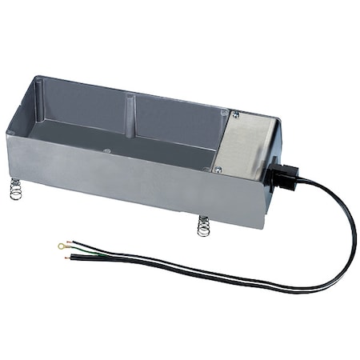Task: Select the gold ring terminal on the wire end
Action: pyautogui.click(x=62, y=246)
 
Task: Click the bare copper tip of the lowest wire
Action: pyautogui.click(x=73, y=260)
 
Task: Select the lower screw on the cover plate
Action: pyautogui.click(x=217, y=169)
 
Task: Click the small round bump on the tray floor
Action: pyautogui.click(x=107, y=150)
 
